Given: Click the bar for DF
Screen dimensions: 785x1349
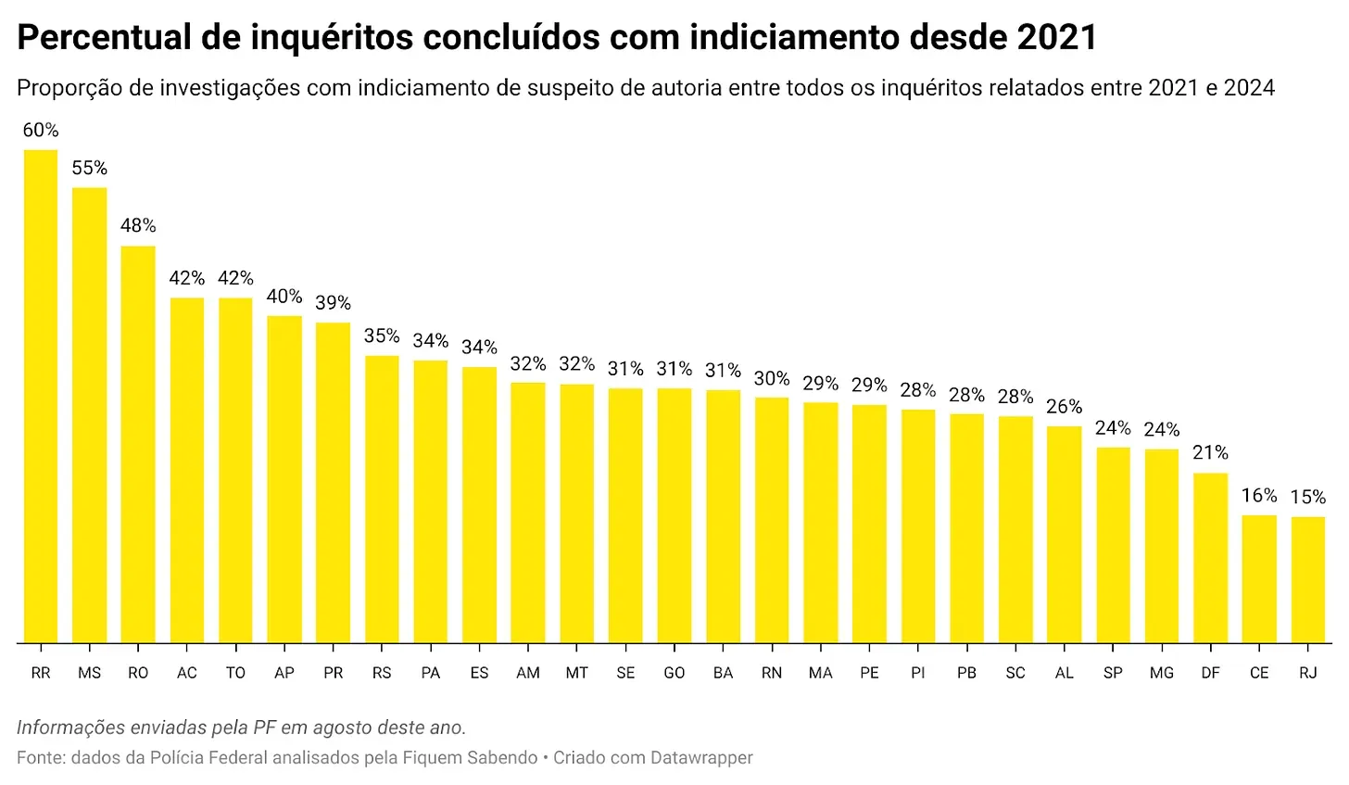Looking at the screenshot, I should coord(1210,558).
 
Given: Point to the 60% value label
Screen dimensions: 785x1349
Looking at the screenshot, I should coord(41,131).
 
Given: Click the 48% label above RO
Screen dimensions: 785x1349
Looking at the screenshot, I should coord(138,226).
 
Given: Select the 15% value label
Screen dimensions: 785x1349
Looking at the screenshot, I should coord(1307,498).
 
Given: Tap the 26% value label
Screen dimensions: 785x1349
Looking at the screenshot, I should coord(1064,407).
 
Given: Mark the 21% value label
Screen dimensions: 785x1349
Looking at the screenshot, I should coord(1210,453).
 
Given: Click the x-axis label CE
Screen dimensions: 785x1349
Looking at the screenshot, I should coord(1259,673).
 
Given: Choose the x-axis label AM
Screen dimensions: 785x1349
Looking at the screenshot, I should coord(528,673).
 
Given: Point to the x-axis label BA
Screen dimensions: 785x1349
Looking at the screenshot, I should coord(723,673).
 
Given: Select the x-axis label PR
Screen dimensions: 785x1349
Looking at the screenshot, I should coord(333,673).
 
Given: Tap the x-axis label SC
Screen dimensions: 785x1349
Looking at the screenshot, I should coord(1015,673).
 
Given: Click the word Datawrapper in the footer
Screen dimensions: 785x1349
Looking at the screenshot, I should coord(701,758).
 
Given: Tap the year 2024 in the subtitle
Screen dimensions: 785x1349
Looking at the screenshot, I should coord(1249,88).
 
